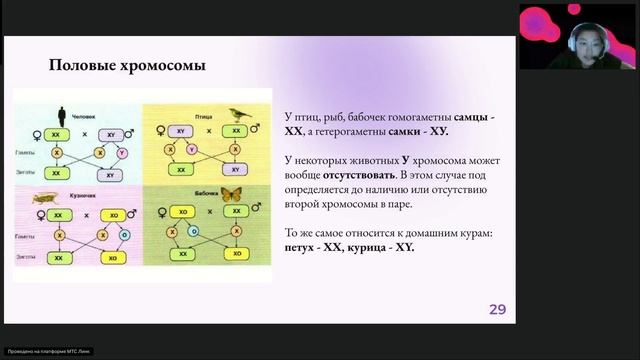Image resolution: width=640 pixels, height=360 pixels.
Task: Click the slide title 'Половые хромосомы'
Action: click(127, 67)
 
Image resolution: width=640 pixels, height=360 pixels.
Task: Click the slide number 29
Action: click(497, 309)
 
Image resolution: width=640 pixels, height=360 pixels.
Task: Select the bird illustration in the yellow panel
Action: click(239, 114)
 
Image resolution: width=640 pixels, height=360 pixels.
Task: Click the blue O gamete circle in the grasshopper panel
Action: click(123, 235)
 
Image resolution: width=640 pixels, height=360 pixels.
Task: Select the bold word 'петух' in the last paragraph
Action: click(301, 247)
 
